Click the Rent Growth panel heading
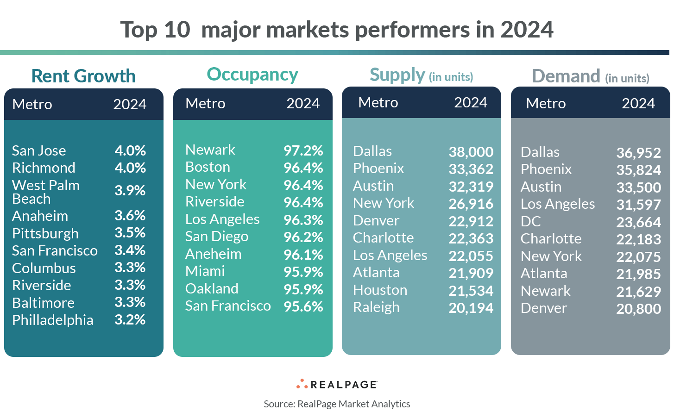pos(83,76)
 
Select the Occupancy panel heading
pos(252,75)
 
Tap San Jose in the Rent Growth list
pos(39,150)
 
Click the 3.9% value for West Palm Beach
pos(130,190)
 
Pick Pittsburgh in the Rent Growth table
pos(45,233)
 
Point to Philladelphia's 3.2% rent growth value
pos(130,319)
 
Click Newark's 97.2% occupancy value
pos(303,150)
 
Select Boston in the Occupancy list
pos(208,167)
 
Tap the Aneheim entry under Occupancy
pos(213,254)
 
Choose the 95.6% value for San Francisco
pos(303,306)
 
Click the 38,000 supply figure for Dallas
pos(471,152)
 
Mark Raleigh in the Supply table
pos(376,307)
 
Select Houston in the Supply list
pos(380,290)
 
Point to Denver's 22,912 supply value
pos(471,221)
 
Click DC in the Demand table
pos(530,222)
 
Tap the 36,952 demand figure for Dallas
pos(638,153)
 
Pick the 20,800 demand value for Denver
pos(638,309)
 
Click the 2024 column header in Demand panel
pos(638,103)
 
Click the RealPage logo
pos(337,384)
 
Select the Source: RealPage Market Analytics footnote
pos(337,404)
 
